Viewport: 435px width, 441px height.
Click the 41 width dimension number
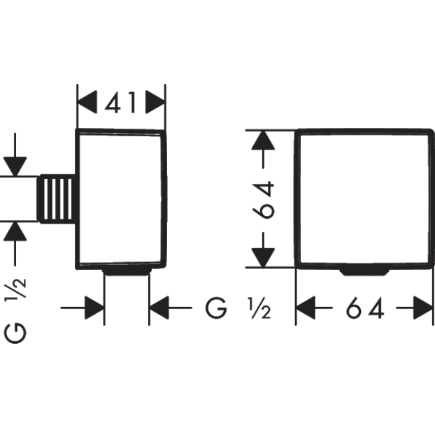click(x=120, y=103)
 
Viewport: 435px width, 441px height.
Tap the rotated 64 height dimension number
click(x=264, y=199)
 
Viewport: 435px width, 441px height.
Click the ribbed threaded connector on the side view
click(x=56, y=198)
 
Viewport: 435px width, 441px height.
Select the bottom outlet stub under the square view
click(x=364, y=270)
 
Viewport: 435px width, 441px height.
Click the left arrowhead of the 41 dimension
click(x=87, y=103)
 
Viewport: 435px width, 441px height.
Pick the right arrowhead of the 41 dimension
click(x=155, y=103)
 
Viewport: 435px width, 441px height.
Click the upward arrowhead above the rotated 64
click(x=262, y=141)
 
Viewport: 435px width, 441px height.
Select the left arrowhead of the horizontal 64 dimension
click(x=306, y=308)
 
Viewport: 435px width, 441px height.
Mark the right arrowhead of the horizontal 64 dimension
click(x=422, y=308)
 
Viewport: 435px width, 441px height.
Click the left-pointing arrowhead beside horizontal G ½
click(x=161, y=307)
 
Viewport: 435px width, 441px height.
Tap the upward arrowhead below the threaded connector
click(x=15, y=231)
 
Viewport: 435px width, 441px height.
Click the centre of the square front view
click(x=364, y=198)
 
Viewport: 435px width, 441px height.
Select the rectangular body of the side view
click(x=121, y=198)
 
